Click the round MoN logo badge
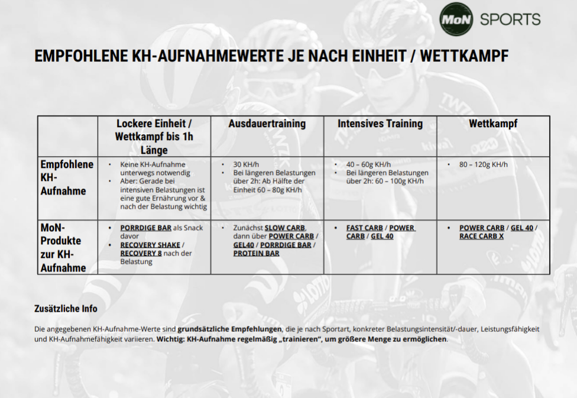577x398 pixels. [456, 20]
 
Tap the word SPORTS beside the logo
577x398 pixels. [510, 20]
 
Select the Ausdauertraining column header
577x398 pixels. [267, 124]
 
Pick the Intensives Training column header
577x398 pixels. [380, 124]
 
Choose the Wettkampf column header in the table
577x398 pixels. [493, 124]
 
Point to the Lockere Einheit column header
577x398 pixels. [154, 137]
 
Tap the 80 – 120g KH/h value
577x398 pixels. [483, 164]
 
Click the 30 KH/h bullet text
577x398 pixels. [246, 164]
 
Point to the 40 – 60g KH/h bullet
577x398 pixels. [368, 164]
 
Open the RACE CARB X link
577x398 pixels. [481, 237]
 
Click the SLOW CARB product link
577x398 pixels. [285, 228]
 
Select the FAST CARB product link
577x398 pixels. [365, 228]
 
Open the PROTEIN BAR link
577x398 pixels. [256, 253]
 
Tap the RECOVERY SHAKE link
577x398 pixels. [150, 245]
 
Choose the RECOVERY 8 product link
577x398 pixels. [141, 253]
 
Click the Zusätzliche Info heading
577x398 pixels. [66, 309]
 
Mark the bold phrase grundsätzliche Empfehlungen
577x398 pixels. [229, 329]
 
